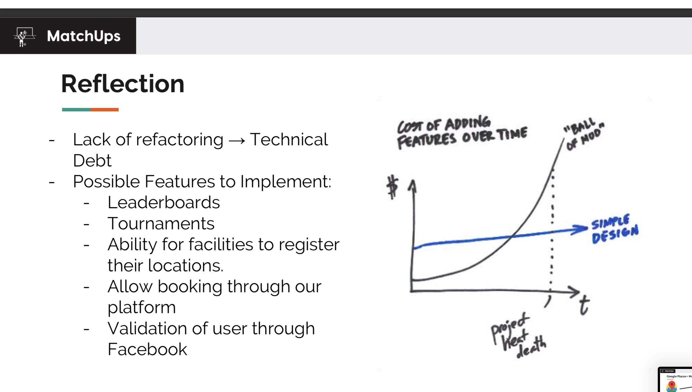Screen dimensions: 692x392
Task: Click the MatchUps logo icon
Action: pos(24,37)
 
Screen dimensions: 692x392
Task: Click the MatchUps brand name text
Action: pos(84,36)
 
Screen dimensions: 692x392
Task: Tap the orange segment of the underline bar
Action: pos(105,110)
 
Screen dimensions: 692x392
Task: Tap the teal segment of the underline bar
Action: pos(76,110)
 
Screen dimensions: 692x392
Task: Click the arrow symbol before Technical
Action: pos(237,140)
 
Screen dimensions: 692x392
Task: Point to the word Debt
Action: pos(92,160)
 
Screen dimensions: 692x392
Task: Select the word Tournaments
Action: pos(161,223)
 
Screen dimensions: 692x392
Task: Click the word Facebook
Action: pos(147,349)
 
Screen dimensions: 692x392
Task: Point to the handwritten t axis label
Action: pos(584,305)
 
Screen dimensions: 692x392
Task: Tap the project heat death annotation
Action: pos(518,335)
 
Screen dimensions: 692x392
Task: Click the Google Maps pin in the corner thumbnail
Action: pos(672,385)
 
